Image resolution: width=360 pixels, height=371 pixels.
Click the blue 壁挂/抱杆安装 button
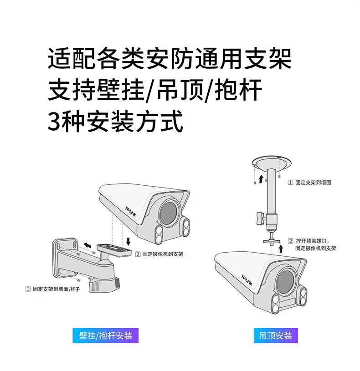click(x=105, y=335)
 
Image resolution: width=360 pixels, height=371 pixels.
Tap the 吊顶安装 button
click(x=275, y=335)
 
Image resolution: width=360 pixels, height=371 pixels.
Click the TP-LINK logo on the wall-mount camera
click(x=130, y=212)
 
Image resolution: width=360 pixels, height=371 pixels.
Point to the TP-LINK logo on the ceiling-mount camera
click(x=247, y=280)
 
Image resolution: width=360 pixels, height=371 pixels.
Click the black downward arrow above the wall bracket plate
click(x=129, y=242)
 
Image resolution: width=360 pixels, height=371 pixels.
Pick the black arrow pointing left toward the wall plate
click(x=87, y=245)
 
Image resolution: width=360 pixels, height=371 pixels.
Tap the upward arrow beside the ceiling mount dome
click(x=261, y=179)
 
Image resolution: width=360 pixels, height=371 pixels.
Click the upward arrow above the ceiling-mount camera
click(x=281, y=249)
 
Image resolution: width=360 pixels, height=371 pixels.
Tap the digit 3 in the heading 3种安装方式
click(x=54, y=122)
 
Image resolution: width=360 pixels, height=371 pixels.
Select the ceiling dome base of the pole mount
click(x=272, y=163)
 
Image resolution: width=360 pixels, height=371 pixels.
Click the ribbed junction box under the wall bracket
click(x=104, y=285)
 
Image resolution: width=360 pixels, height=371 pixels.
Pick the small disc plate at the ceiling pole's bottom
click(x=272, y=242)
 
